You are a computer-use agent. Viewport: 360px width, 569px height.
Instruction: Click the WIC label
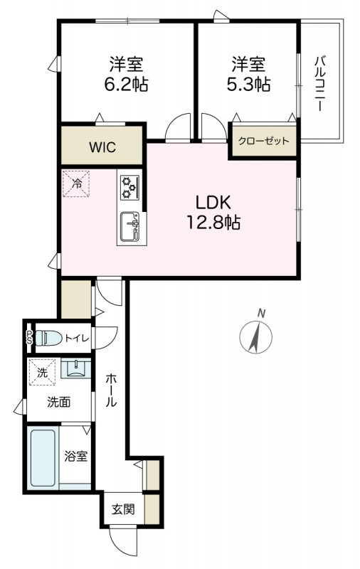tap(102, 148)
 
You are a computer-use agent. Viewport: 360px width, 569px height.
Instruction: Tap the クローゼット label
tap(263, 141)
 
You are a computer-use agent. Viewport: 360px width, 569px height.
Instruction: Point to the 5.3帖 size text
tap(247, 83)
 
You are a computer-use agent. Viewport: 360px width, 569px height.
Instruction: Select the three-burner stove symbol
tap(129, 187)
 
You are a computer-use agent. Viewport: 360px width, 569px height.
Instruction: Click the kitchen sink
tap(129, 228)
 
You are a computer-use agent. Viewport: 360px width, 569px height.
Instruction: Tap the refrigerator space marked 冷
tap(75, 184)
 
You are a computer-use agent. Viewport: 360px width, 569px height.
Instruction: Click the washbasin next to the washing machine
tap(74, 368)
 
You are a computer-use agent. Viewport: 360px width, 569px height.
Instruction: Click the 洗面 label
tap(59, 402)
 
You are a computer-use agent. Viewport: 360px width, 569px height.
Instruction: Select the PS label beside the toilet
tap(29, 338)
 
